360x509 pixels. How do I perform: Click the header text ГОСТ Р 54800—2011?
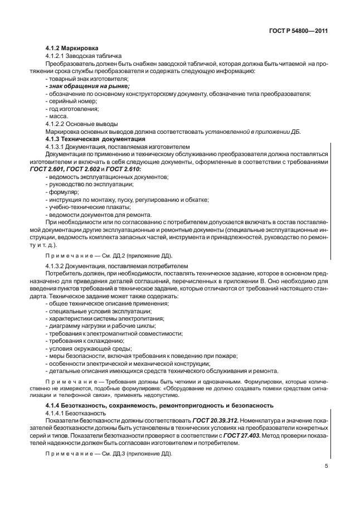point(298,32)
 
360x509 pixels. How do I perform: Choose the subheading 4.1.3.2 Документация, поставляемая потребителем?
point(116,266)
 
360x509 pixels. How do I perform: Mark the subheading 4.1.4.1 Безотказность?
point(75,414)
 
